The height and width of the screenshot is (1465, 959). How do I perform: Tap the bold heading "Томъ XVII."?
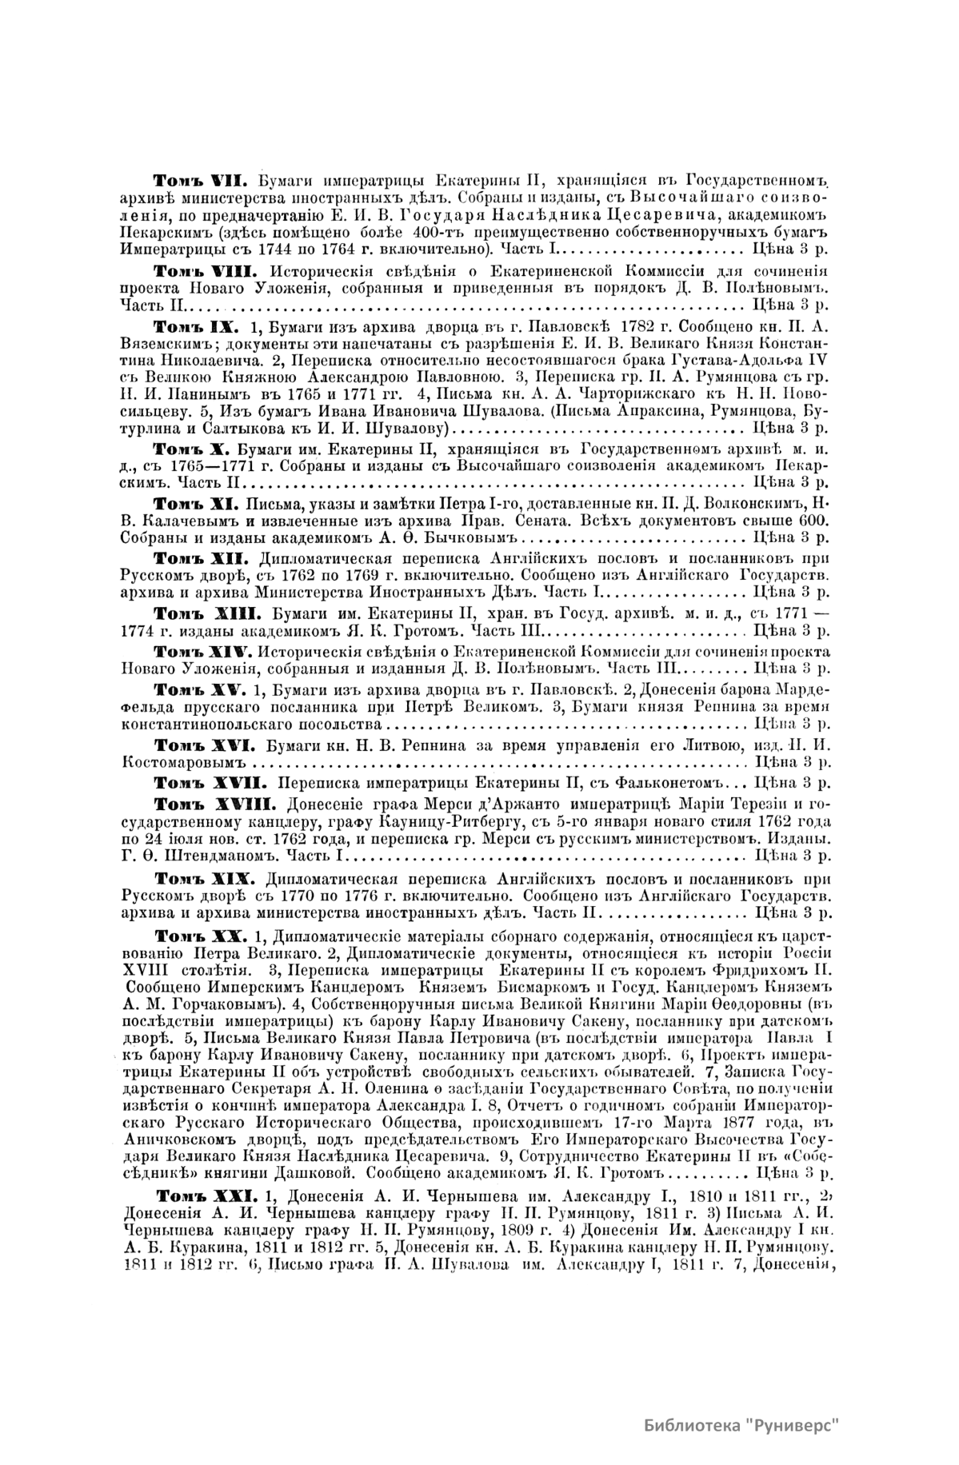(x=203, y=780)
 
